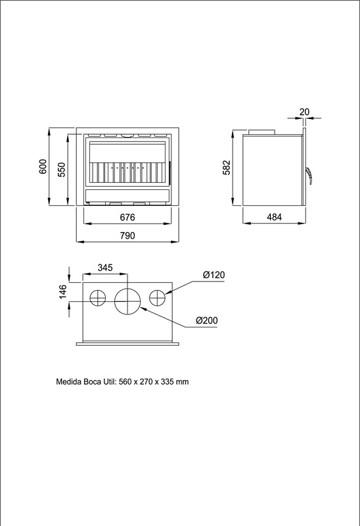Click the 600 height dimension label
(x=43, y=167)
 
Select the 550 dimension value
(x=62, y=170)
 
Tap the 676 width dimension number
(x=127, y=218)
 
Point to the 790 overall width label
(x=127, y=235)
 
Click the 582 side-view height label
(x=227, y=168)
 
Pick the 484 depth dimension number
(x=274, y=217)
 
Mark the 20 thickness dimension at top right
(x=304, y=112)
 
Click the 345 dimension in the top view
(x=105, y=268)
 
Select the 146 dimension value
(x=62, y=291)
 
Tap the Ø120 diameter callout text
(x=214, y=275)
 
